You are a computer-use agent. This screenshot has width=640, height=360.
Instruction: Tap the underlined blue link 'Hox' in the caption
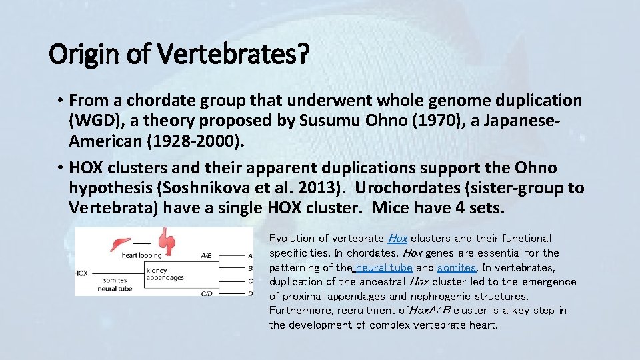(x=397, y=238)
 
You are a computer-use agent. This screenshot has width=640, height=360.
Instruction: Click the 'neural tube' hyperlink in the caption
(x=384, y=267)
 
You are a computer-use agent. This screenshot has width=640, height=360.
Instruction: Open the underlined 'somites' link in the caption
(x=457, y=267)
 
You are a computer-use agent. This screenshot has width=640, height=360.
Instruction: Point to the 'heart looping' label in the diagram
(x=141, y=255)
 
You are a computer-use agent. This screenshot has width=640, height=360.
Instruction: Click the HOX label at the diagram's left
(x=81, y=273)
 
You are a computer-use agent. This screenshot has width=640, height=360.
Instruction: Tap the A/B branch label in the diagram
(x=207, y=255)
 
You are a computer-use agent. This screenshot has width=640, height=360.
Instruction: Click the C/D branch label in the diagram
(x=207, y=293)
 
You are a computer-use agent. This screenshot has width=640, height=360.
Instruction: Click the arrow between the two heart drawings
(x=141, y=244)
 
